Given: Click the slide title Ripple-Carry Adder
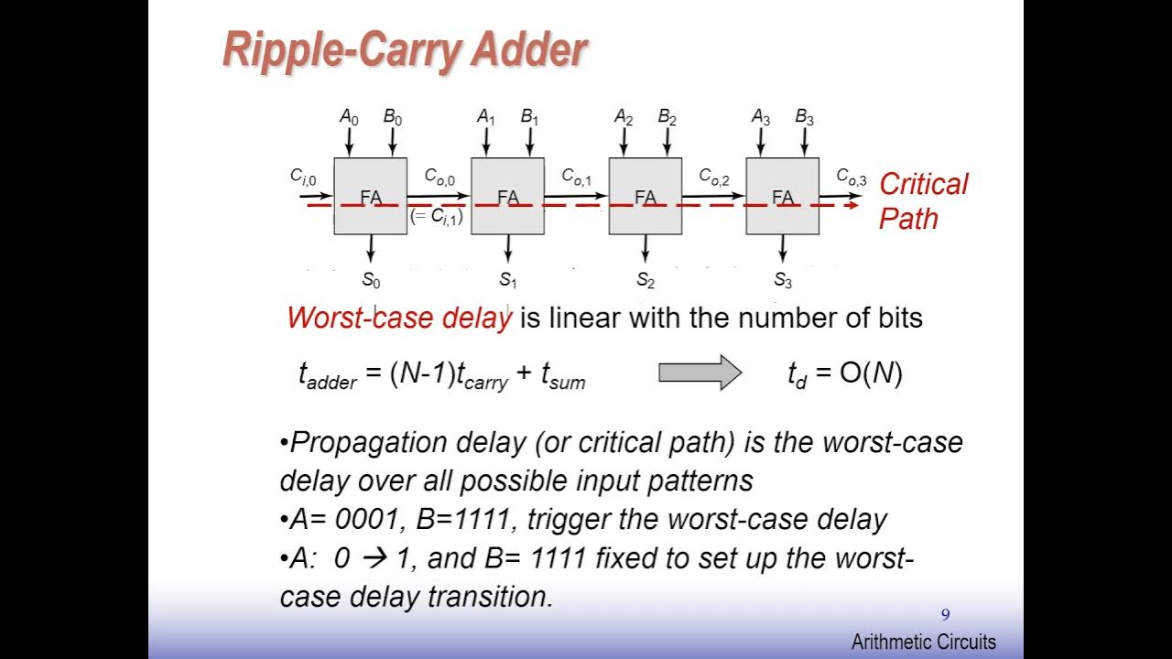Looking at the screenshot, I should coord(404,50).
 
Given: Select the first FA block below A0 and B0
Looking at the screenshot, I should coord(370,196).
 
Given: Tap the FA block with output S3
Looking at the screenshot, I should coord(782,196).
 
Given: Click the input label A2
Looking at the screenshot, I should coord(624,117).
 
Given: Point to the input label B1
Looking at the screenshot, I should coord(530,117).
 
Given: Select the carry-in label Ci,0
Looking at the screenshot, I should coord(303,178).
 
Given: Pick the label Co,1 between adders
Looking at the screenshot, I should coord(577,177).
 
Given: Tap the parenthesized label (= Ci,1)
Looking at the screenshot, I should coord(437,217).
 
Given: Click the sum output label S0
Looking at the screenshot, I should coord(371,280).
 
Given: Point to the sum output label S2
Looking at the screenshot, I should coord(646,280).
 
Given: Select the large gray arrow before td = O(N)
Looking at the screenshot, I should coord(700,373).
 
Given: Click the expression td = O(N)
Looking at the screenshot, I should coord(844,373).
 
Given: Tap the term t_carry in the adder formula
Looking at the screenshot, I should coord(483,376).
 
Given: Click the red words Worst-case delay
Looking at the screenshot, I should coord(399,318).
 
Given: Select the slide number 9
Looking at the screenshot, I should coord(946,615).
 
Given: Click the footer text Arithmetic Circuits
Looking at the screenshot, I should coord(923,642).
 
